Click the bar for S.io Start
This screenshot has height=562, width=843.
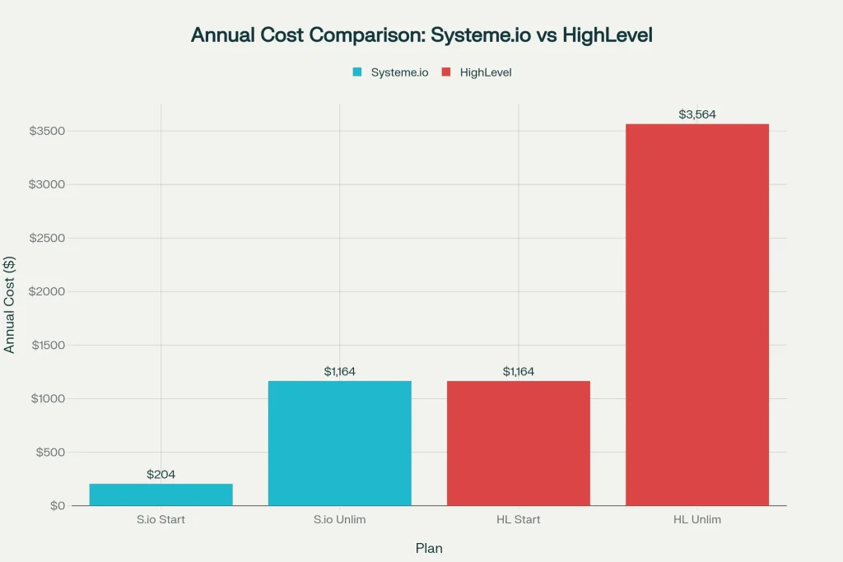161,495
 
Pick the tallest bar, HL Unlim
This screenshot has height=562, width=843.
696,314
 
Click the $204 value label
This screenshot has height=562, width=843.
161,475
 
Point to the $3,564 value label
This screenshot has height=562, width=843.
696,114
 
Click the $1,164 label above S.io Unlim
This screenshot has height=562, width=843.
339,372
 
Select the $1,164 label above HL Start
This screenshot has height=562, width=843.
518,372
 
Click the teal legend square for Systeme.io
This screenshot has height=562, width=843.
357,72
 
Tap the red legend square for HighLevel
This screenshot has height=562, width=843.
446,72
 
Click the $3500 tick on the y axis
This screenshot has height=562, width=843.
47,131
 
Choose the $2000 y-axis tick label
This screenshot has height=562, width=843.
47,291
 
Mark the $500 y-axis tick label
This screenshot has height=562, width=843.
51,452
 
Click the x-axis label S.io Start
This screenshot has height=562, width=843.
161,520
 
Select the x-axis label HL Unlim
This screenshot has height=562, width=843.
696,520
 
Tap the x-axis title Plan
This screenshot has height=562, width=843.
428,547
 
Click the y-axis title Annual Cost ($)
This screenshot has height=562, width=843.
10,304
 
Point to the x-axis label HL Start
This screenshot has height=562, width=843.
518,520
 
